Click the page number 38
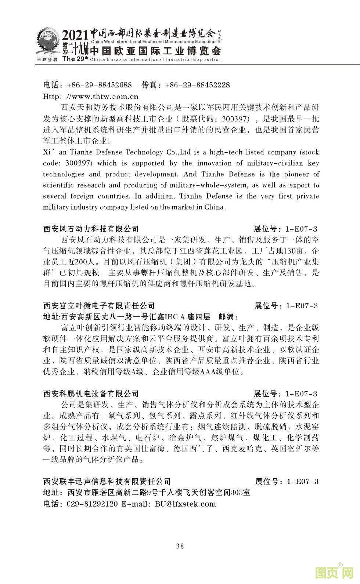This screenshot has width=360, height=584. [x=180, y=546]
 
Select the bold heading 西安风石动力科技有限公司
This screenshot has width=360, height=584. [x=91, y=229]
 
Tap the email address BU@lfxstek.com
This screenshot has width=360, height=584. [x=185, y=504]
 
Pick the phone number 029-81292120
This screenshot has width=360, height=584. [x=92, y=504]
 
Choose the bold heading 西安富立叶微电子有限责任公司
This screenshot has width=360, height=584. [x=99, y=306]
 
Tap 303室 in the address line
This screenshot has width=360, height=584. [x=240, y=493]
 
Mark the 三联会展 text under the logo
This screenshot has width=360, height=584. [x=47, y=59]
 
